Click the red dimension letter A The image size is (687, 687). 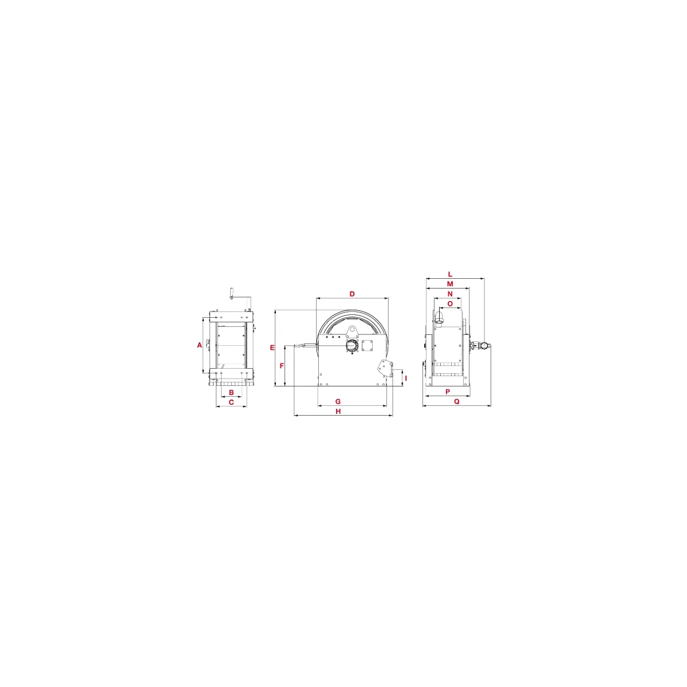tap(200, 345)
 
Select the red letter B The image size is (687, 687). tap(231, 393)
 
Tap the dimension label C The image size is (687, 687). tap(231, 402)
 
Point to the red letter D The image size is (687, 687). tap(352, 294)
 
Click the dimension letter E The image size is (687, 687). tap(273, 348)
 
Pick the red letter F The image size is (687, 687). tap(282, 366)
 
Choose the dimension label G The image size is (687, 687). tap(338, 401)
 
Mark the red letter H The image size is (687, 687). tap(338, 412)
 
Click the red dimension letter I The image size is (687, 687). tap(406, 378)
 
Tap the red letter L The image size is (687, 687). tap(450, 274)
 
